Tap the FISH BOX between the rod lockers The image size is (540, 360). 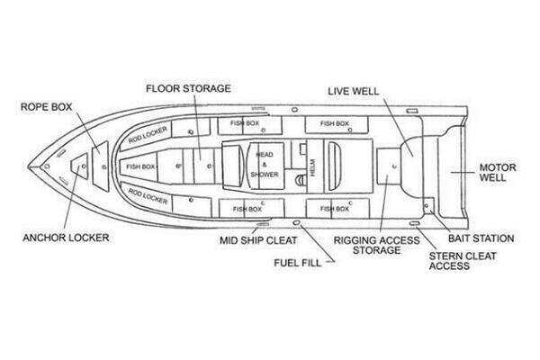click(140, 166)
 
